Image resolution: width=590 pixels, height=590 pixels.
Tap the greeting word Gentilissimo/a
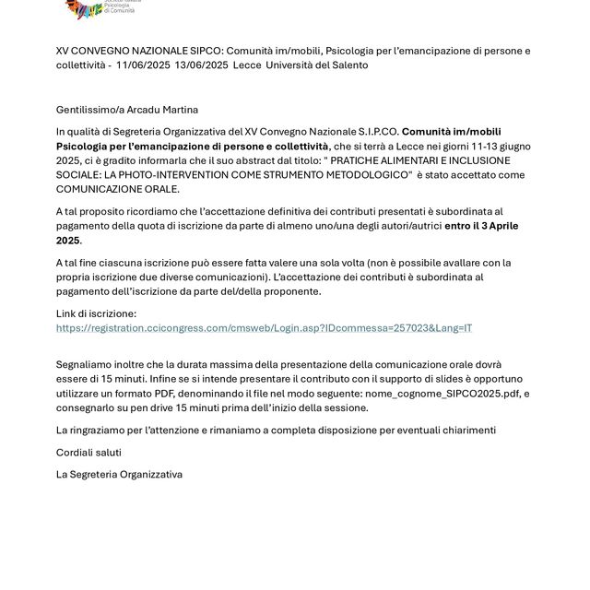point(88,110)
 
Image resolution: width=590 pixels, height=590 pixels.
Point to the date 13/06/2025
point(200,65)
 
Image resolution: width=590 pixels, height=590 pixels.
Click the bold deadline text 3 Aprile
point(506,226)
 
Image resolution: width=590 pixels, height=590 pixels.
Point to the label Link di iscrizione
point(96,314)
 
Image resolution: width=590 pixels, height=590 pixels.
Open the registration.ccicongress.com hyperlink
point(264,328)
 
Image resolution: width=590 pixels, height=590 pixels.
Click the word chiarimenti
point(465,430)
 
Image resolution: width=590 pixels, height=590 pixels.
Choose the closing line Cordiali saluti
point(88,453)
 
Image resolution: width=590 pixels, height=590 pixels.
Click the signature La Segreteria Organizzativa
point(119,475)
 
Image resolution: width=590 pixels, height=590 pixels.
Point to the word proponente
point(289,291)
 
